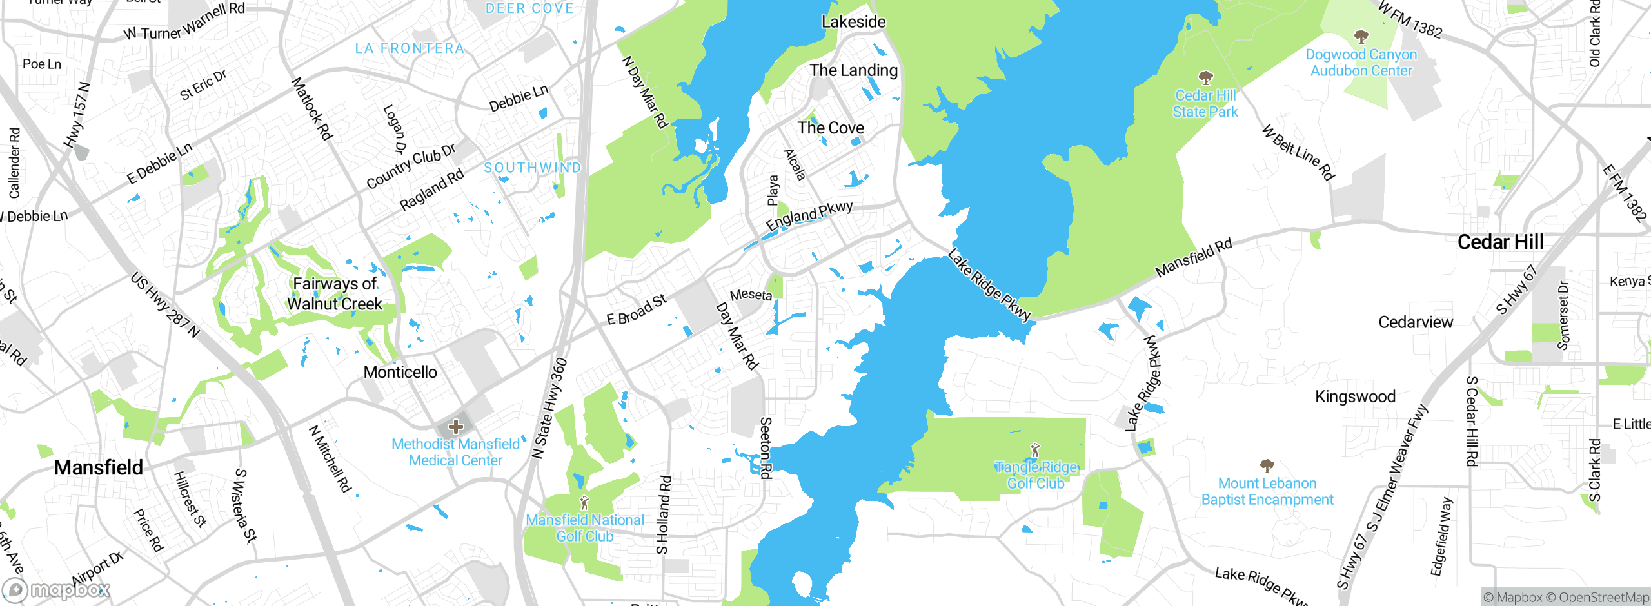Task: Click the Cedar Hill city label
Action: click(x=1500, y=242)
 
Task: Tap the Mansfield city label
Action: click(x=99, y=467)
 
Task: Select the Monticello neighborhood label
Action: click(x=400, y=372)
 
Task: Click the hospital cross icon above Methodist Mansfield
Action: click(x=455, y=427)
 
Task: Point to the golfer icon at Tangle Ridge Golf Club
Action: click(x=1035, y=449)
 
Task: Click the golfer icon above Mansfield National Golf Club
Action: click(x=584, y=503)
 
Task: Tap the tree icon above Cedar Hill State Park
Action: click(x=1205, y=79)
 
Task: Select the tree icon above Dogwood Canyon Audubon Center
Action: click(x=1361, y=37)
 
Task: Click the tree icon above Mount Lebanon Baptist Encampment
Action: click(x=1267, y=465)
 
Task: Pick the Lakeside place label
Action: click(x=853, y=22)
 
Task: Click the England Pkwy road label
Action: click(x=809, y=215)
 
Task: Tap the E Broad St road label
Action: click(x=637, y=310)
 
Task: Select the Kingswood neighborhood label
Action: click(x=1355, y=396)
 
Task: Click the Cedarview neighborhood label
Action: click(x=1416, y=322)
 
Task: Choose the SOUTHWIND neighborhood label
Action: click(x=533, y=168)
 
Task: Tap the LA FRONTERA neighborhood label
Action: click(x=410, y=48)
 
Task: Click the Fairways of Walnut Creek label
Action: click(x=335, y=293)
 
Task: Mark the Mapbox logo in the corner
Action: click(x=57, y=590)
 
